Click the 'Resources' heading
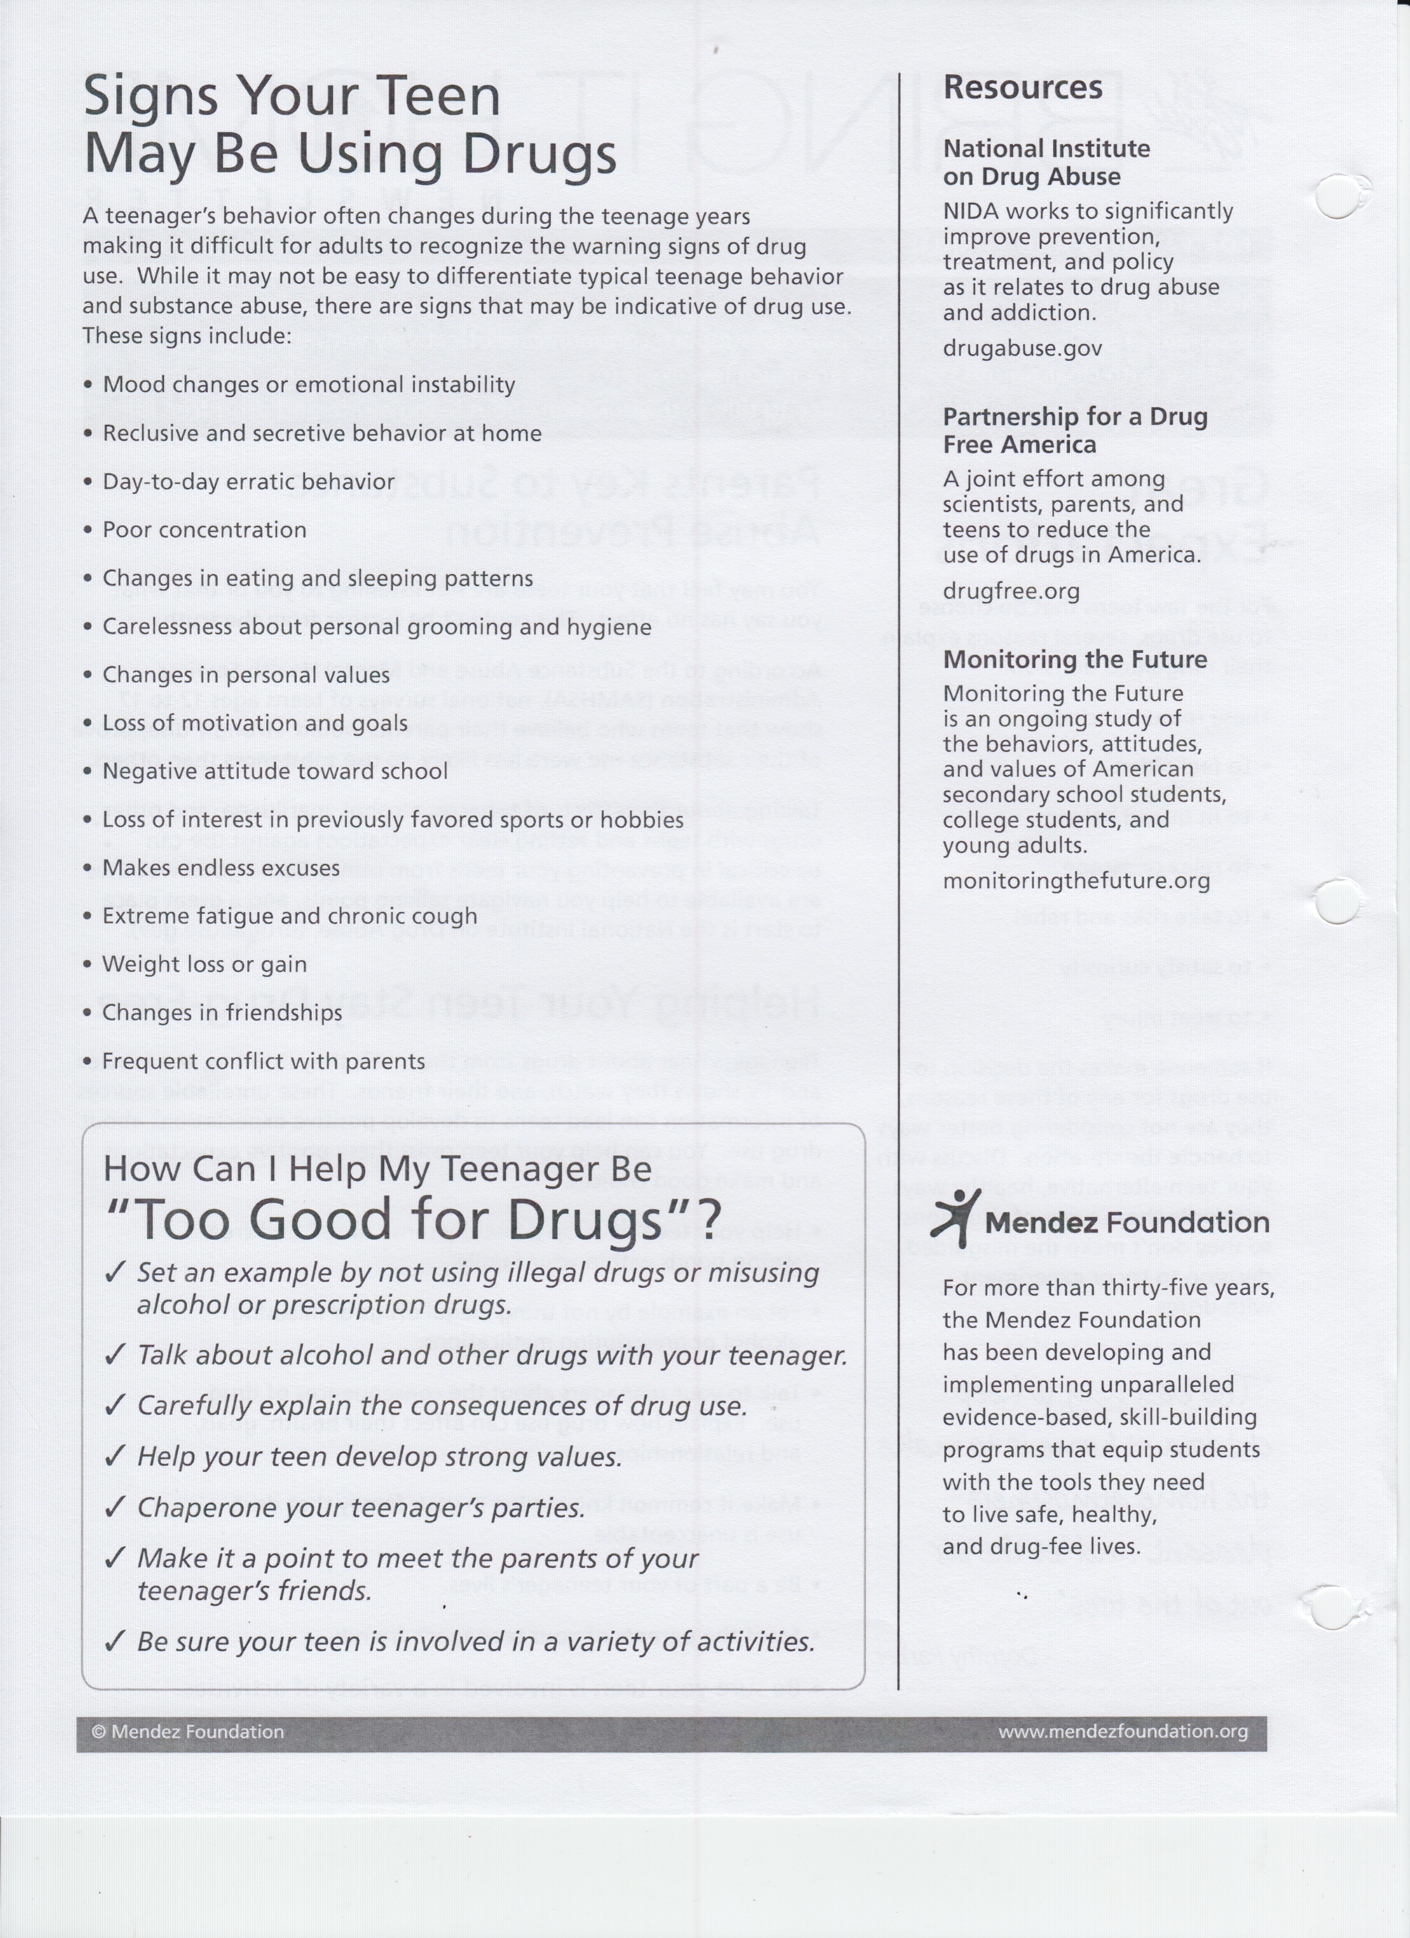tap(1022, 88)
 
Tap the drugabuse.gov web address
tap(1022, 349)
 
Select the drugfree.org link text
tap(1011, 591)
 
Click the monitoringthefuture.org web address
tap(1076, 881)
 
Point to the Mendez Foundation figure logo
tap(954, 1217)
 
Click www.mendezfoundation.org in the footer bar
tap(1122, 1731)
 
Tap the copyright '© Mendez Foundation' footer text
tap(187, 1732)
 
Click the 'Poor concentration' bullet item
tap(204, 530)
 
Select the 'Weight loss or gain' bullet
tap(204, 965)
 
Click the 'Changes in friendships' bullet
tap(222, 1013)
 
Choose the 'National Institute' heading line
tap(1046, 149)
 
